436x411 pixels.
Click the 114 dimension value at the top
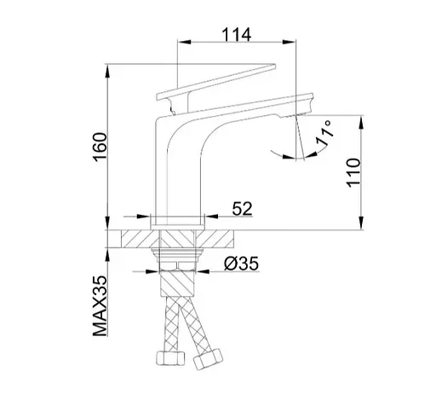tap(236, 35)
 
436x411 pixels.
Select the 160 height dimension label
tap(100, 147)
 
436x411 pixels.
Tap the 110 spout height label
tap(353, 173)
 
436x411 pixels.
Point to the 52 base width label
tap(242, 209)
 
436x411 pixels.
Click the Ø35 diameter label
tap(241, 263)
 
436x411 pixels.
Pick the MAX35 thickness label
tap(100, 306)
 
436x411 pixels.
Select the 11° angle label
tap(324, 133)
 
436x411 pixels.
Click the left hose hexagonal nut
tap(170, 359)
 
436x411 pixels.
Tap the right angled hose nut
tap(208, 359)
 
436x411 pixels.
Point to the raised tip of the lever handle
tap(274, 66)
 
